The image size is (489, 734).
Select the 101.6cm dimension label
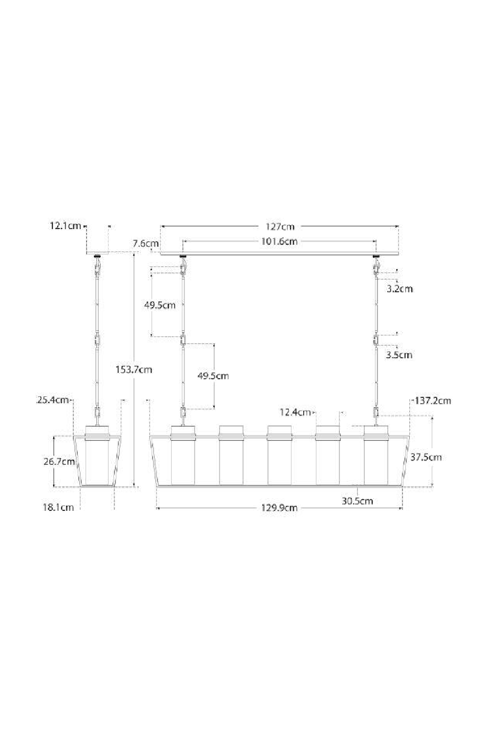[279, 242]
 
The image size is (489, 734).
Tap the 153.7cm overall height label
[133, 369]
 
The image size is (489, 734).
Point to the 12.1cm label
[65, 226]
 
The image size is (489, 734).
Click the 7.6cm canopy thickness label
[146, 244]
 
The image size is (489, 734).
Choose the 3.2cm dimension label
[400, 289]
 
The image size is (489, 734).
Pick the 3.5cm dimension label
[399, 355]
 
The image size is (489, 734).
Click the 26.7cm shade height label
[59, 461]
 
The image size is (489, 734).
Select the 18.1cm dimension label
[58, 507]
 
